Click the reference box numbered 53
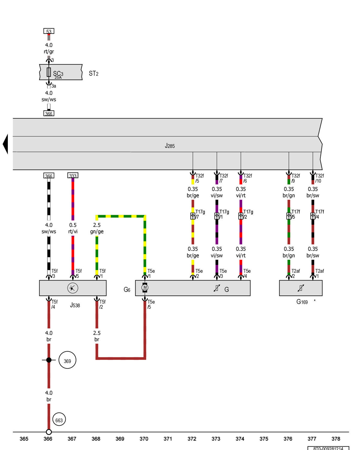[x=49, y=31]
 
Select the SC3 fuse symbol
[x=49, y=72]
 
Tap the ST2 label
[x=94, y=73]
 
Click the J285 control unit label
[x=170, y=146]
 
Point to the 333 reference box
[x=73, y=175]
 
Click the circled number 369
[x=67, y=360]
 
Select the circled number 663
[x=59, y=420]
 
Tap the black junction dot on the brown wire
[x=49, y=360]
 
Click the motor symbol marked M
[x=145, y=287]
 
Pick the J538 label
[x=75, y=305]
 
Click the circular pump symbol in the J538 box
[x=73, y=288]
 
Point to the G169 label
[x=302, y=302]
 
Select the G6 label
[x=127, y=289]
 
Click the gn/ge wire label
[x=97, y=232]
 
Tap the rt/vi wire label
[x=73, y=232]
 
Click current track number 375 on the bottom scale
[x=264, y=439]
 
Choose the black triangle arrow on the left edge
[x=5, y=144]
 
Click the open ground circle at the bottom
[x=49, y=432]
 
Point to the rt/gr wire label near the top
[x=49, y=52]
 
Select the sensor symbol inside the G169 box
[x=301, y=288]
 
